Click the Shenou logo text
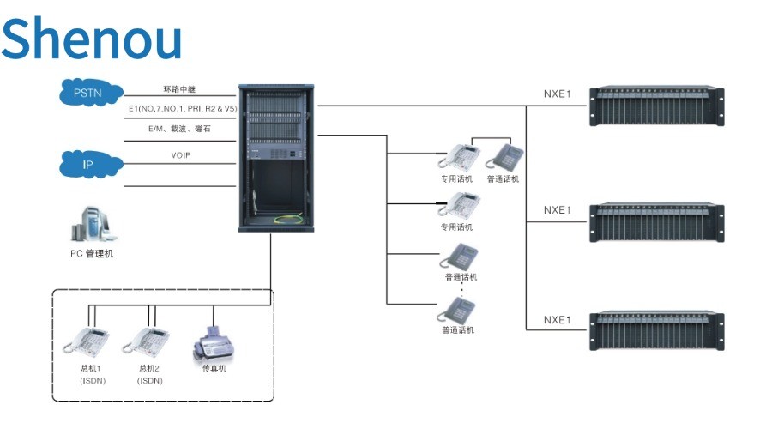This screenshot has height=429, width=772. click(x=92, y=39)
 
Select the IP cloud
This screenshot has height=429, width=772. click(x=89, y=163)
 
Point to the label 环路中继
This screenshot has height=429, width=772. click(x=180, y=89)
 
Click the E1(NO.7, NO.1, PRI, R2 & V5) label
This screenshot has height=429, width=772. click(x=181, y=109)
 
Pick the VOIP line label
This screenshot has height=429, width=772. click(x=180, y=155)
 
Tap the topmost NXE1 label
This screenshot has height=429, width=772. click(x=557, y=94)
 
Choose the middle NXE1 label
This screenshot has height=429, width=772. click(x=557, y=209)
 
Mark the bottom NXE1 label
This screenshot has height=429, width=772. click(x=557, y=320)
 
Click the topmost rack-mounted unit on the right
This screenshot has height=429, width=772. click(x=656, y=105)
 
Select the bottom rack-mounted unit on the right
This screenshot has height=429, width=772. click(x=656, y=330)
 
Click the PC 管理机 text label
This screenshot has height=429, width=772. click(x=92, y=253)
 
